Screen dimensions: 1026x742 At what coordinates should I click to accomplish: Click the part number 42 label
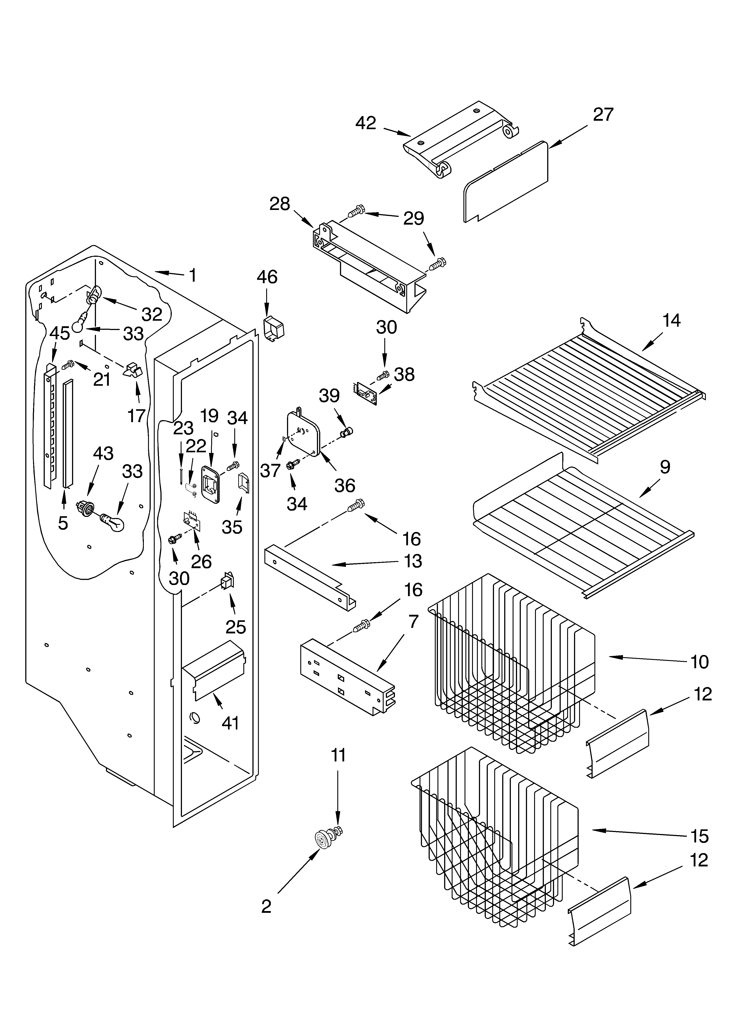[366, 123]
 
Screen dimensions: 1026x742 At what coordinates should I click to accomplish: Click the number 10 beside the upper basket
[699, 662]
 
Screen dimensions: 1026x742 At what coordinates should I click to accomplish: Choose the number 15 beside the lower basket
[699, 836]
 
